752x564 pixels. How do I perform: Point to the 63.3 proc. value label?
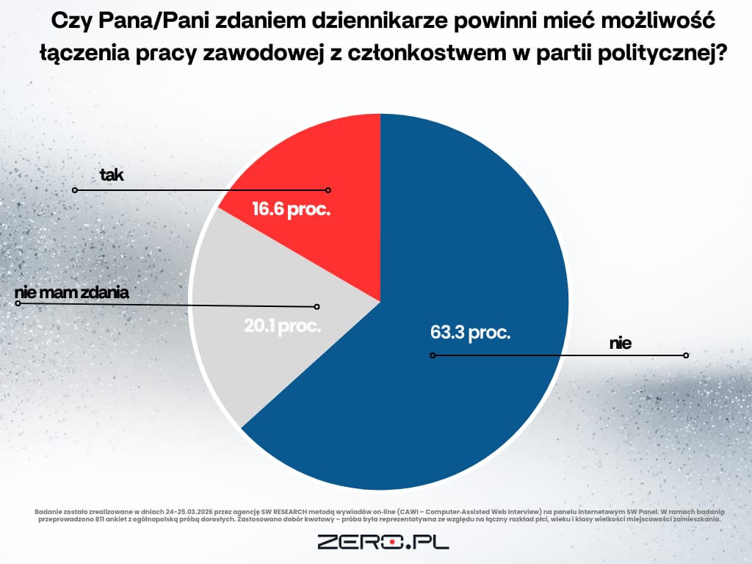coord(470,332)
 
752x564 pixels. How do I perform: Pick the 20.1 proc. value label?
coord(283,325)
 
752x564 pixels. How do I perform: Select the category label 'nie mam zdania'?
coord(72,292)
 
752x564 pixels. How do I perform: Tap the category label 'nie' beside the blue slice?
coord(620,343)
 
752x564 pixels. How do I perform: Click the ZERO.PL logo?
coord(383,543)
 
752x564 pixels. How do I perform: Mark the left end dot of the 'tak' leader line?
coord(74,189)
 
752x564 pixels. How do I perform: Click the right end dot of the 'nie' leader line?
coord(685,355)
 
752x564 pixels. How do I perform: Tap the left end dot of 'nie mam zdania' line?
coord(18,301)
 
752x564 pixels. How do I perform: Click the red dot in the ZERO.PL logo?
coord(394,543)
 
